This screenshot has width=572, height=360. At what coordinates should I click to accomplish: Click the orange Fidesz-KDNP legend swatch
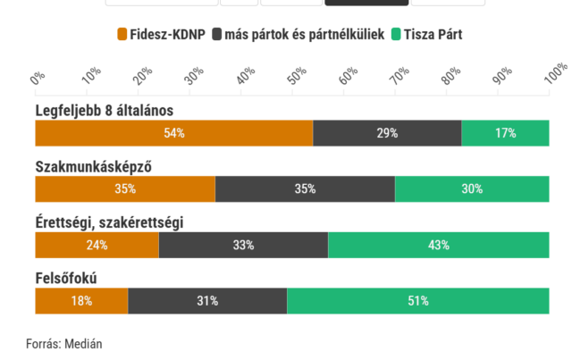click(123, 34)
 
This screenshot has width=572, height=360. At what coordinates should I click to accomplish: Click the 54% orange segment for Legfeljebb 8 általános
click(174, 133)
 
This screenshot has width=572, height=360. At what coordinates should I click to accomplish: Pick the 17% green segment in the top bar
click(505, 133)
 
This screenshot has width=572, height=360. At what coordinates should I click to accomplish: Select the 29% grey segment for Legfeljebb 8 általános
click(387, 133)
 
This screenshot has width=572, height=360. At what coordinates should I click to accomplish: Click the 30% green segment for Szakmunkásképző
click(472, 188)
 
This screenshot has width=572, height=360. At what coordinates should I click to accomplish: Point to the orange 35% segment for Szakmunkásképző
click(125, 188)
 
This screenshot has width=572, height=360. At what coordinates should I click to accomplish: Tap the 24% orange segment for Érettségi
click(97, 245)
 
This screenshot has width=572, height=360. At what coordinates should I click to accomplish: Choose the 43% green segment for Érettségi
click(438, 245)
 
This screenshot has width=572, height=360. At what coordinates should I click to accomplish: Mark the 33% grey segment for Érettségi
click(243, 245)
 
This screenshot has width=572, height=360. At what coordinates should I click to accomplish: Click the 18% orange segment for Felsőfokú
click(81, 301)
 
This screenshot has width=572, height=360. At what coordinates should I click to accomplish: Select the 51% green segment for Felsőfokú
click(417, 301)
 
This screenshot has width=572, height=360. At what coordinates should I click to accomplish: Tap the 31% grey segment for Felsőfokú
click(207, 301)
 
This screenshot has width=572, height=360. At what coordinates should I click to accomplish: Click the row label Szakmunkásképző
click(91, 167)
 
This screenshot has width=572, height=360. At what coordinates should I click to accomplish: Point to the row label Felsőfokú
click(66, 279)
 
